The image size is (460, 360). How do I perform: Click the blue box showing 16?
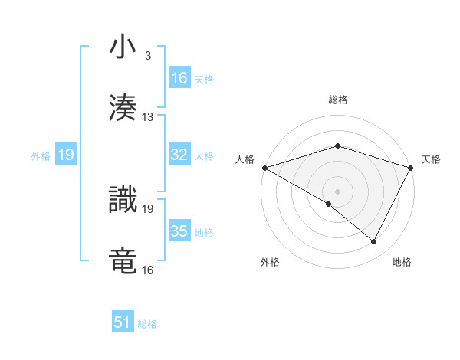pyautogui.click(x=179, y=78)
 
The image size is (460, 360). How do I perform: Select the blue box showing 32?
pyautogui.click(x=179, y=155)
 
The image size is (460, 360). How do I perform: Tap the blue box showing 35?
pyautogui.click(x=179, y=231)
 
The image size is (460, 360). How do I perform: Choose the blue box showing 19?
pyautogui.click(x=66, y=155)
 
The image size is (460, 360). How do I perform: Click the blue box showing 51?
pyautogui.click(x=123, y=322)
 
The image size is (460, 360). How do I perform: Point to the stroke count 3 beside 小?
pyautogui.click(x=147, y=56)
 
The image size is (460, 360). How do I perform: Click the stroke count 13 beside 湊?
pyautogui.click(x=148, y=117)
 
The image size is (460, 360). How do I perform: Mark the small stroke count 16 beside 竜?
pyautogui.click(x=148, y=270)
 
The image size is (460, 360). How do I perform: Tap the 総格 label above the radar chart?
pyautogui.click(x=338, y=100)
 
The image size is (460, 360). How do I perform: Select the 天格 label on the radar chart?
pyautogui.click(x=431, y=159)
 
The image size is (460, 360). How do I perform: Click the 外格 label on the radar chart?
pyautogui.click(x=270, y=262)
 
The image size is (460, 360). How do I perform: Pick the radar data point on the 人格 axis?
pyautogui.click(x=264, y=167)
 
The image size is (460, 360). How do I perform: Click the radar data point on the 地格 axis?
pyautogui.click(x=374, y=242)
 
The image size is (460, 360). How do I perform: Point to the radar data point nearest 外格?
pyautogui.click(x=329, y=204)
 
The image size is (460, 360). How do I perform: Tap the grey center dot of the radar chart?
pyautogui.click(x=337, y=191)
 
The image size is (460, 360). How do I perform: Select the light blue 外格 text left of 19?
pyautogui.click(x=40, y=155)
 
